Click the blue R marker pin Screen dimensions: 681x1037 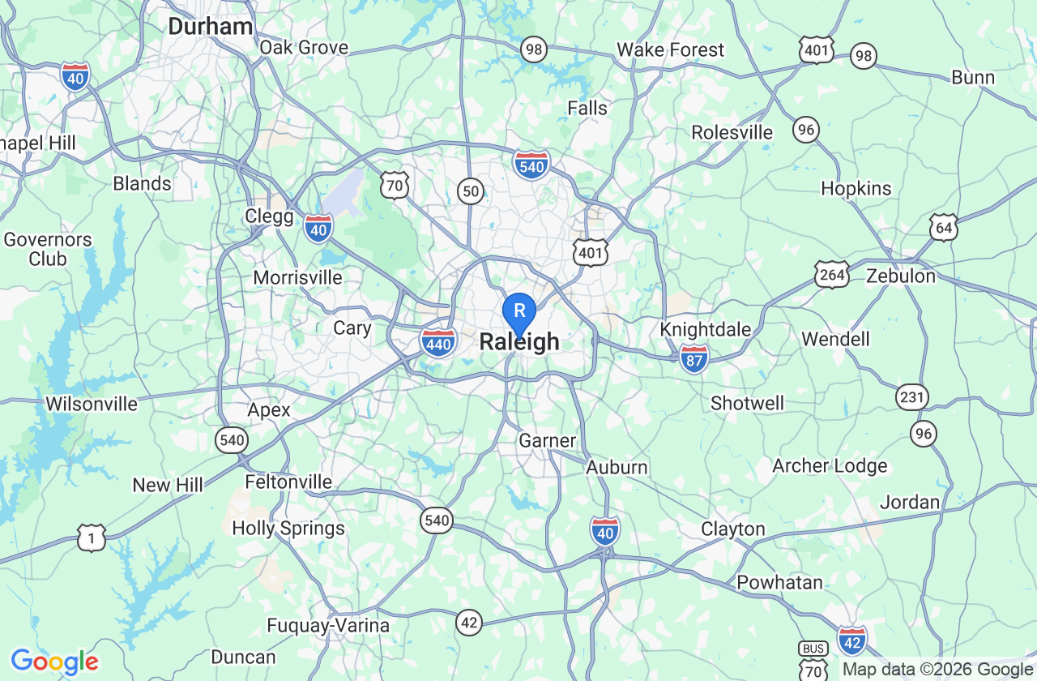pyautogui.click(x=519, y=311)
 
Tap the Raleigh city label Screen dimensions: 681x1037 pyautogui.click(x=519, y=342)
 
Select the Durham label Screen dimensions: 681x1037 pyautogui.click(x=211, y=27)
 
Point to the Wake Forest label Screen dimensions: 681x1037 pyautogui.click(x=670, y=50)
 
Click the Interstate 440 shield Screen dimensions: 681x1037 pyautogui.click(x=438, y=343)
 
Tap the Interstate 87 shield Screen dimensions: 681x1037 pyautogui.click(x=694, y=358)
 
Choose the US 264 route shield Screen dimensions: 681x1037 pyautogui.click(x=832, y=274)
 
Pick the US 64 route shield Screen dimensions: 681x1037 pyautogui.click(x=944, y=227)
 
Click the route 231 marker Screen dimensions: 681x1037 pyautogui.click(x=912, y=397)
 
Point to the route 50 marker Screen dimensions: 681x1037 pyautogui.click(x=471, y=191)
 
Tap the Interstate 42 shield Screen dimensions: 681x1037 pyautogui.click(x=851, y=640)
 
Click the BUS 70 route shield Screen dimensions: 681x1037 pyautogui.click(x=813, y=661)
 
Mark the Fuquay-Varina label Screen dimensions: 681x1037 pyautogui.click(x=328, y=626)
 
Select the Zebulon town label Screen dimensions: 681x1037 pyautogui.click(x=901, y=276)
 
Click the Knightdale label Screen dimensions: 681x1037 pyautogui.click(x=705, y=330)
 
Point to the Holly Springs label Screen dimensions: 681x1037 pyautogui.click(x=288, y=529)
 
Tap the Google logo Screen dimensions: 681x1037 pyautogui.click(x=54, y=662)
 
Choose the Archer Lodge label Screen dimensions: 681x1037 pyautogui.click(x=830, y=466)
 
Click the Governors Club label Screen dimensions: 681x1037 pyautogui.click(x=48, y=249)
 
